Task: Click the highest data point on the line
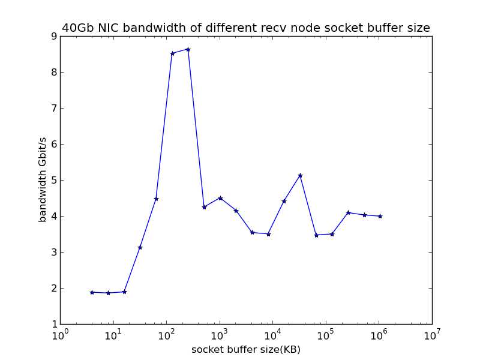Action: click(x=188, y=49)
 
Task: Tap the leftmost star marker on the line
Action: click(x=92, y=292)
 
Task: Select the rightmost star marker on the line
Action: click(x=380, y=216)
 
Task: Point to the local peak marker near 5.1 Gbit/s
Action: click(x=300, y=175)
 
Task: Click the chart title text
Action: click(x=246, y=28)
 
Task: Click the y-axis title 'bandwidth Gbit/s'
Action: click(x=43, y=180)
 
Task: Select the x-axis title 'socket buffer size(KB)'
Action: click(x=246, y=349)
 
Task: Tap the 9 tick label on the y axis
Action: click(x=53, y=36)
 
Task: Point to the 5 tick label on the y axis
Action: click(x=53, y=180)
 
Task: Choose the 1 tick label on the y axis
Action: click(x=53, y=324)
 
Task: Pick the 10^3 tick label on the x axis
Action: click(x=220, y=334)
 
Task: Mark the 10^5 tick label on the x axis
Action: click(x=326, y=334)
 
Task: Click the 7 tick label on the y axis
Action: click(x=53, y=108)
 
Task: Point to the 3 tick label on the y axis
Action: click(x=53, y=252)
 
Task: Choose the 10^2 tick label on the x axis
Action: click(x=166, y=334)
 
